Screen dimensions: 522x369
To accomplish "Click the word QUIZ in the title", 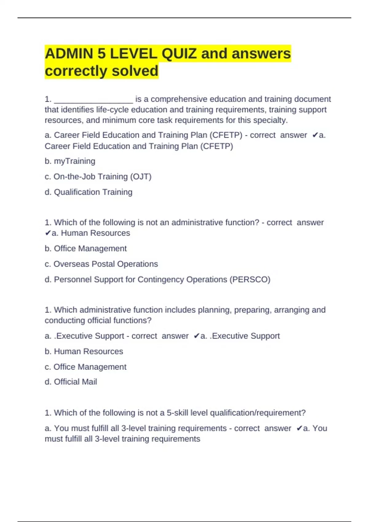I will pos(179,54).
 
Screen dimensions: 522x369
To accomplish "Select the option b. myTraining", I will pos(70,161).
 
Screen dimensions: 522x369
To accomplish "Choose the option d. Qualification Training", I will pos(89,192).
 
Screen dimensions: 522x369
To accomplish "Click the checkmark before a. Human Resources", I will pos(48,233).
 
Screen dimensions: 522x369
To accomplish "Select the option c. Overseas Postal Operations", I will pos(101,264).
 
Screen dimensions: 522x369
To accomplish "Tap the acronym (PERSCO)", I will pos(250,280).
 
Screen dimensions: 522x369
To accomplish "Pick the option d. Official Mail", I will pos(71,382).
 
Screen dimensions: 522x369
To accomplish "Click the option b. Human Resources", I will pos(84,352).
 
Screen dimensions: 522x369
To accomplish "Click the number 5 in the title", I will pos(101,54).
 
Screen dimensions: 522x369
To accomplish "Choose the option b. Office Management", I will pos(85,249).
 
